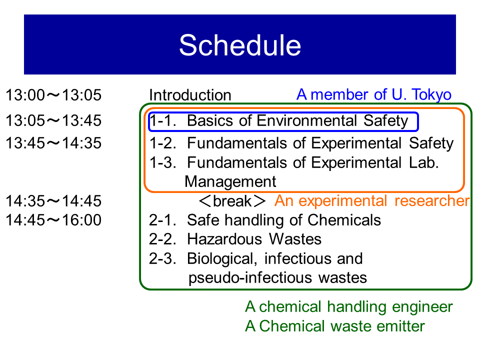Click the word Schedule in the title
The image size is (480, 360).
240,45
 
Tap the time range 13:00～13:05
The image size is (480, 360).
53,95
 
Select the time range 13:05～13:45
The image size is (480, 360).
53,120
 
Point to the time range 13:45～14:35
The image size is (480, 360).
53,143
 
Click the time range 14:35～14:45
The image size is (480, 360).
53,201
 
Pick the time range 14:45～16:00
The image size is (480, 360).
53,220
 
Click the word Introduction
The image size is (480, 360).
190,95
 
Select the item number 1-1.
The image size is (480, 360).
163,120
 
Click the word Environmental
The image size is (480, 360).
306,120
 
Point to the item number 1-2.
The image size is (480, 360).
163,143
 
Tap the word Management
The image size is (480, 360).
230,182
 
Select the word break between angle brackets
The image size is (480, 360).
232,201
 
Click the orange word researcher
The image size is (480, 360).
432,201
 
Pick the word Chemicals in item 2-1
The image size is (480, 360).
344,220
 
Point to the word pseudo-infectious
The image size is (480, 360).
250,278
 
